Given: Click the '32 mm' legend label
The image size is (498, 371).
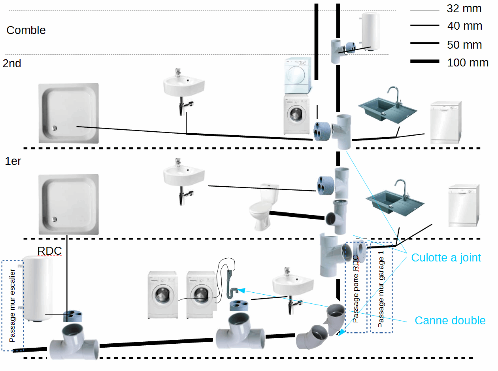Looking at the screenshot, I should coord(464,8).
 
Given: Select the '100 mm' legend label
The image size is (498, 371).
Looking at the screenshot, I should coord(468,62).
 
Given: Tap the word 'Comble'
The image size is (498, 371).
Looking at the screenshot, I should coord(26,30).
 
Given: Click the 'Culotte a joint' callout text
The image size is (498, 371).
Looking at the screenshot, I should coord(446,258).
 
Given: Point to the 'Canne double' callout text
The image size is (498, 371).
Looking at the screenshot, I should coord(450,320).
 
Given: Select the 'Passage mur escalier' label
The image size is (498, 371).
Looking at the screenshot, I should coord(12,306).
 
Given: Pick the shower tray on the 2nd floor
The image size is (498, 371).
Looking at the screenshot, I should coord(68,113).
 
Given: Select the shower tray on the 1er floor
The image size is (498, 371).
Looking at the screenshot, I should coord(68,204).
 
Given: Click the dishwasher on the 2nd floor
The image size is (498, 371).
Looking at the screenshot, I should coord(445,122).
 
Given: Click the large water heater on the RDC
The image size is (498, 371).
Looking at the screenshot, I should coord(38,289).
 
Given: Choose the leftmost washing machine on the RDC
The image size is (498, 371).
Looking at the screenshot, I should coord(162,294).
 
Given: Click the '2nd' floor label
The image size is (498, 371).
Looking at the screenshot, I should coord(12,63).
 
